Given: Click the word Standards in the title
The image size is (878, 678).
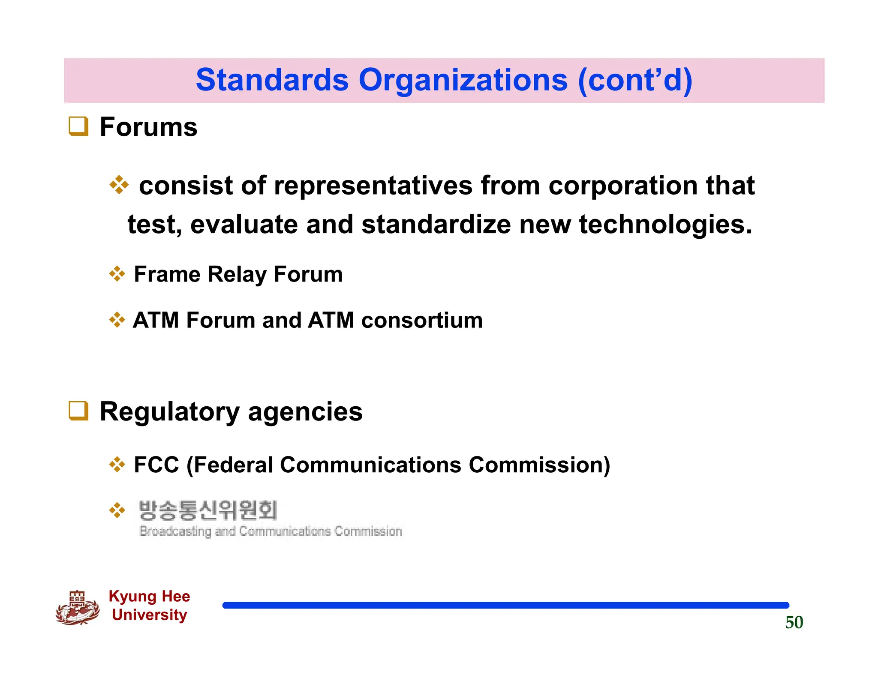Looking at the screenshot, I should coord(272,80).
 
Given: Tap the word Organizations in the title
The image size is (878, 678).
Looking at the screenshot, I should coord(463,80).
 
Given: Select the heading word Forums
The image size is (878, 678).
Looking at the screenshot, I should coord(148,127).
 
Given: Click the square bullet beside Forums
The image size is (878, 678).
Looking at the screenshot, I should coord(78,126).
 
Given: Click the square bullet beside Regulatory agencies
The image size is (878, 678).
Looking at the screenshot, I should coord(78,411).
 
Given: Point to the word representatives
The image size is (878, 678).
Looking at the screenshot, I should coord(373,186).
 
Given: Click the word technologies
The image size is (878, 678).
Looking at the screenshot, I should coord(665,225).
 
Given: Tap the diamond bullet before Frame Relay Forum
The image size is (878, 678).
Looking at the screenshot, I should coord(117,274).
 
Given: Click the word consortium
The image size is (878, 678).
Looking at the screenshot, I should coord(422,320).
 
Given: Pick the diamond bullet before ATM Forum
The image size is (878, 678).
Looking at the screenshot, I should coord(117,320).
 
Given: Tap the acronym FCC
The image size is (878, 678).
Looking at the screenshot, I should coord(156,465).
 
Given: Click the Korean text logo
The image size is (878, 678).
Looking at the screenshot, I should coord(208,510).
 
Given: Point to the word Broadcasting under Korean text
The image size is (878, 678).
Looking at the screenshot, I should coord(175,531).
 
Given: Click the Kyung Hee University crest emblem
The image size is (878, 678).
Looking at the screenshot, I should coord(78,608).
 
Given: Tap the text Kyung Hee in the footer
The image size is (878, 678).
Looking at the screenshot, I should coord(149,596).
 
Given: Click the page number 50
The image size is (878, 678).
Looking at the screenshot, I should coord(794,622).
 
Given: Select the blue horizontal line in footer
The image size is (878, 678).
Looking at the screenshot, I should coord(505,605).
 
